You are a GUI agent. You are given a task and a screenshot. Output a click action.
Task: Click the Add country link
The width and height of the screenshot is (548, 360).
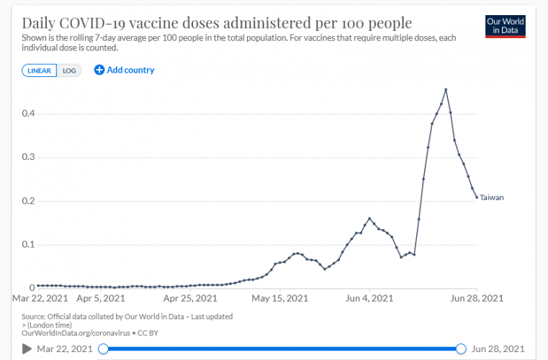(x=125, y=70)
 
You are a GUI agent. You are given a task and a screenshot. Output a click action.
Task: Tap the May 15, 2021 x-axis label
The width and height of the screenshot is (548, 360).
(x=279, y=297)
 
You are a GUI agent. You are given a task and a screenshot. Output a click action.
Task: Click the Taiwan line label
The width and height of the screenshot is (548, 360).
(x=492, y=197)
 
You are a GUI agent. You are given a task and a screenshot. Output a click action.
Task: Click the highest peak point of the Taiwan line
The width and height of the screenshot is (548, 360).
(x=446, y=89)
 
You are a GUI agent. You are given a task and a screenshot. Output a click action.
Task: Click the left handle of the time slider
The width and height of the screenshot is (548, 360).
(x=103, y=349)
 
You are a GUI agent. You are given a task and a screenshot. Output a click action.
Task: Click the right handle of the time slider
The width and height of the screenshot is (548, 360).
(x=461, y=349)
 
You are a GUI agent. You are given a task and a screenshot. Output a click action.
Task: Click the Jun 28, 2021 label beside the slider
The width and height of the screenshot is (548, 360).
(x=498, y=349)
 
